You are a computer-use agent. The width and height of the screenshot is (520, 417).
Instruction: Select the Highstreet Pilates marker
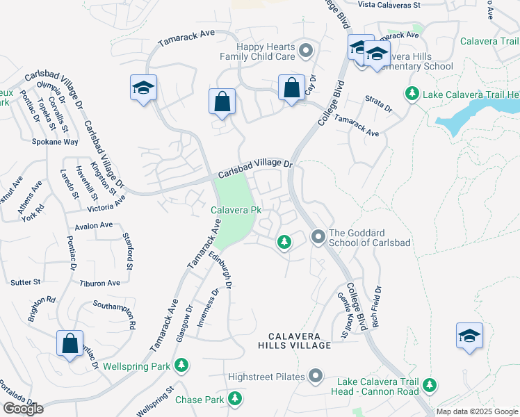point(316,377)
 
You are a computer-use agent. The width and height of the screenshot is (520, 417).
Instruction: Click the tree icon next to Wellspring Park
point(181,365)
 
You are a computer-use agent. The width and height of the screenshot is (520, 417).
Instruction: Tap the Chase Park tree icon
point(236,399)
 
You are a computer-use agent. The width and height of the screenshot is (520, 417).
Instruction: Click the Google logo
point(23,409)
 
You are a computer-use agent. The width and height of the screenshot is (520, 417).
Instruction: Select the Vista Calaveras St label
point(389,5)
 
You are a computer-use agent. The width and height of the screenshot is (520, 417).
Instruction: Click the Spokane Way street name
point(55,141)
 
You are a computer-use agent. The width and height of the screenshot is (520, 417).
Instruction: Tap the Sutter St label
point(26,282)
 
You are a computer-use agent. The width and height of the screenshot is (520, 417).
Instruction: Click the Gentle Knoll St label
point(343,313)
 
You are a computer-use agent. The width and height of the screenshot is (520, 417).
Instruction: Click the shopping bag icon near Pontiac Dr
point(70,343)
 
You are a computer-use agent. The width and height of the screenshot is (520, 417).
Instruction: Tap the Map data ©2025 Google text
point(478,411)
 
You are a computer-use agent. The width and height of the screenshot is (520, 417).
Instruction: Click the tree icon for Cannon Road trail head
point(430,384)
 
